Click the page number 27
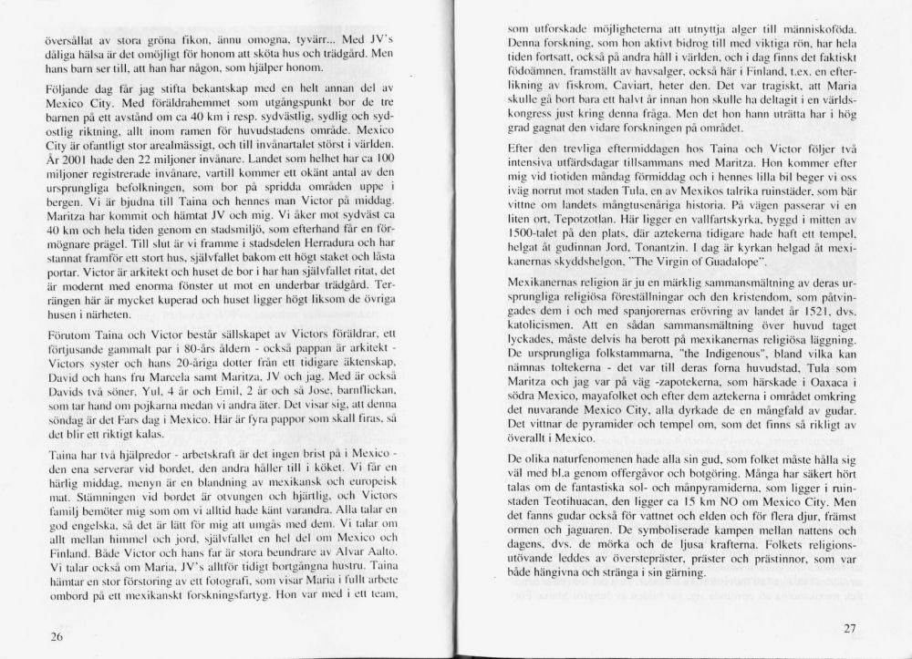[853, 628]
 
